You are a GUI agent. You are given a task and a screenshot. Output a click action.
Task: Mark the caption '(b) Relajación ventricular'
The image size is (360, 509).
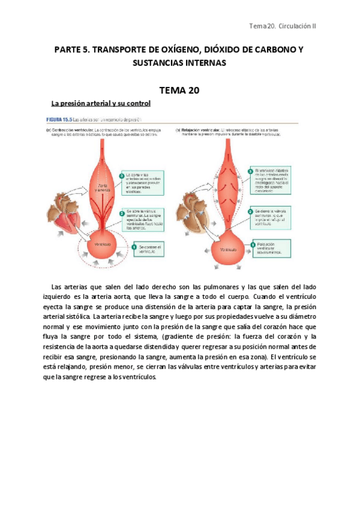pos(199,129)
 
